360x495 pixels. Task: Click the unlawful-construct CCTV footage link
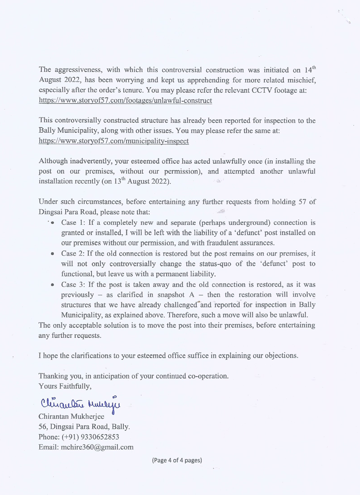pos(125,100)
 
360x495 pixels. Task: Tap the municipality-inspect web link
pos(113,141)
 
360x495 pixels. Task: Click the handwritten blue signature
pos(81,402)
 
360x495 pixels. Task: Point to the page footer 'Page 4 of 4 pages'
pos(176,460)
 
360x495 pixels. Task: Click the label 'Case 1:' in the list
pos(72,223)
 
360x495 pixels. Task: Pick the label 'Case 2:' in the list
pos(72,253)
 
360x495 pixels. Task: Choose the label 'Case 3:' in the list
pos(72,284)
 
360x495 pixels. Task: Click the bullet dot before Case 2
pos(53,254)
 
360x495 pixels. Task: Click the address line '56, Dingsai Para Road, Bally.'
pos(85,427)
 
